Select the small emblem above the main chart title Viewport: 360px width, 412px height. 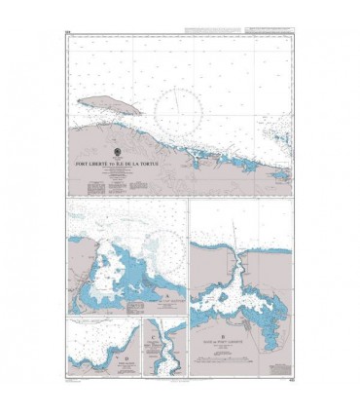118,154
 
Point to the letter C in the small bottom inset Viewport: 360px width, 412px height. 156,340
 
